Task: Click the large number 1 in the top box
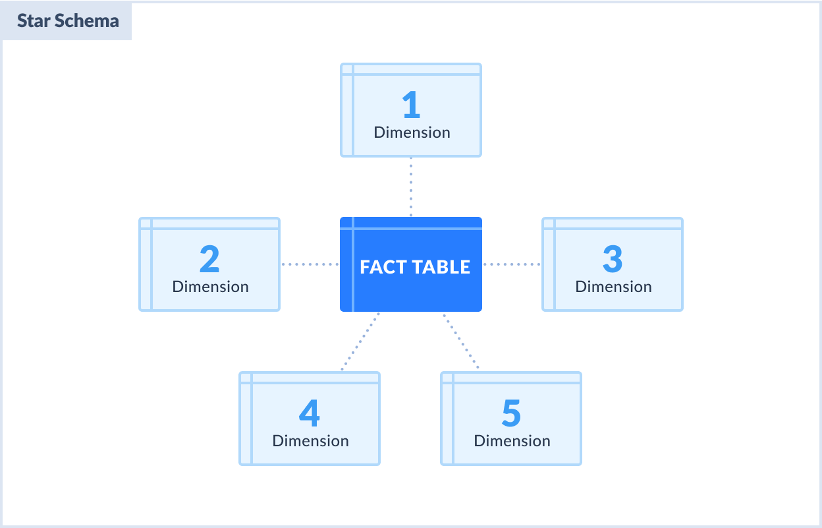click(x=411, y=105)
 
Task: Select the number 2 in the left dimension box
click(x=209, y=260)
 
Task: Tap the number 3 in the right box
click(x=613, y=260)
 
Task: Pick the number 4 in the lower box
click(x=310, y=414)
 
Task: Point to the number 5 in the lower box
click(x=511, y=414)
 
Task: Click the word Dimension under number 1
click(x=412, y=132)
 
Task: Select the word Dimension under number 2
click(x=211, y=287)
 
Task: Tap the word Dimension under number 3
click(x=614, y=287)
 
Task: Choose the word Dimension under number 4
click(x=311, y=441)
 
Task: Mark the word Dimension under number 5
click(x=512, y=441)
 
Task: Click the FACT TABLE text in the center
click(x=415, y=267)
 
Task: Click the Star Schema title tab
click(x=67, y=21)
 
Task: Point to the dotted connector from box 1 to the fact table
click(x=411, y=187)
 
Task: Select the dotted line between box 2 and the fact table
click(x=310, y=264)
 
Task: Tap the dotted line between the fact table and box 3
click(x=512, y=264)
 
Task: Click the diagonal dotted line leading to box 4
click(x=360, y=341)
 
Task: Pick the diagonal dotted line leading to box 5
click(x=461, y=341)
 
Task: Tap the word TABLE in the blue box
click(x=441, y=267)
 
